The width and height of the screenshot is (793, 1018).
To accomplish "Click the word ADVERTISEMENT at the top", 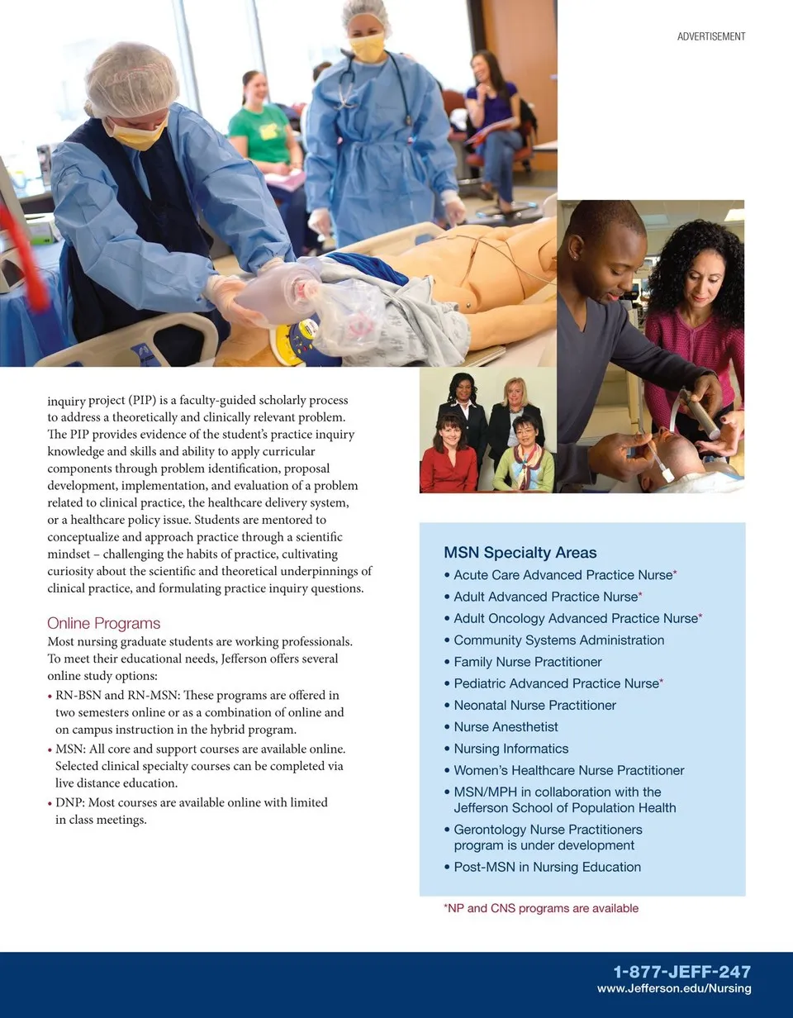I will pos(710,36).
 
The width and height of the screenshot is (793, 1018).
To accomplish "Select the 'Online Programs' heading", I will pos(103,623).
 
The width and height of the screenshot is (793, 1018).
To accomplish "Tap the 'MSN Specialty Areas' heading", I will pos(520,553).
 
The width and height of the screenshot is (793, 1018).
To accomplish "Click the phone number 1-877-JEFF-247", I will pos(681,972).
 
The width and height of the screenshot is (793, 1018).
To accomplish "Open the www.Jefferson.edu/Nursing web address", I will pos(674,988).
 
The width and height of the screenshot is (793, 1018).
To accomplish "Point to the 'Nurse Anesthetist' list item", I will pos(506,727).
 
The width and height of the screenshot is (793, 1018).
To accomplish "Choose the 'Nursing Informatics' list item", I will pos(510,749).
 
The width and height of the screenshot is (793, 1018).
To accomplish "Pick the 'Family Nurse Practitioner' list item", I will pos(527,662).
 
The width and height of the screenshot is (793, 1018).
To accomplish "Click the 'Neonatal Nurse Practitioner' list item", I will pos(534,705).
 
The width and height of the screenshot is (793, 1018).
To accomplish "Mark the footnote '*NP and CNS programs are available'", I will pos(541,908).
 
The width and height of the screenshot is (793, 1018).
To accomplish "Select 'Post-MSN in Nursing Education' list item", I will pos(547,867).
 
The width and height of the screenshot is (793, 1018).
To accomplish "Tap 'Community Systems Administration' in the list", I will pos(558,640).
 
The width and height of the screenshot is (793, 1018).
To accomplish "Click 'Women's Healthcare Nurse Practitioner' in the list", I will pos(568,770).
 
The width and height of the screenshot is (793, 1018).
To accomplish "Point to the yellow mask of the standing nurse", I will pos(368,49).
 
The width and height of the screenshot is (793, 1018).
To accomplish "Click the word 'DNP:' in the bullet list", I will pos(69,802).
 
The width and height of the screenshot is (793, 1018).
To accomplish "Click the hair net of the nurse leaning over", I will pos(132,78).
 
